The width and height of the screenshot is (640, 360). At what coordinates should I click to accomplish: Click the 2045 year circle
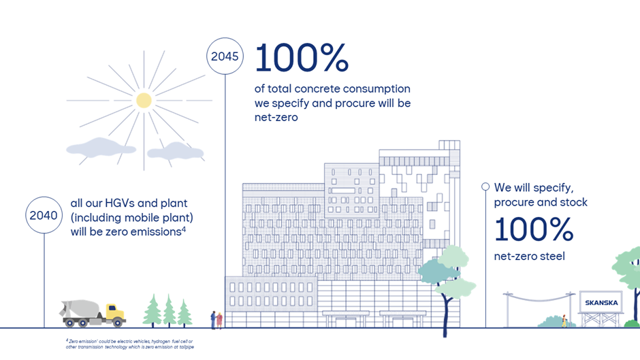(x=225, y=56)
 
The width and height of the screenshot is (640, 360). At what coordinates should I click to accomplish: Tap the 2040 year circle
(x=44, y=215)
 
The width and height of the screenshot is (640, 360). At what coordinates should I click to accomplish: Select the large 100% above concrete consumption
(x=302, y=59)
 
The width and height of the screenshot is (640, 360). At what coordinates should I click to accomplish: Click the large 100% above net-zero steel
(x=534, y=230)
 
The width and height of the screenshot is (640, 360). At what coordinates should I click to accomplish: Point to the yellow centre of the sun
(x=144, y=101)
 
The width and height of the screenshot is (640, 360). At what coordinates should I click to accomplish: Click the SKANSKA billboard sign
(x=600, y=302)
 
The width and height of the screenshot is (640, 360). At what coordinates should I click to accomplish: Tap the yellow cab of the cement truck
(x=115, y=314)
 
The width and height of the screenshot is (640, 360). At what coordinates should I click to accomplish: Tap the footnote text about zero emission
(x=129, y=342)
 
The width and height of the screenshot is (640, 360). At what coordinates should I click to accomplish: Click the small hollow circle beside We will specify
(x=485, y=186)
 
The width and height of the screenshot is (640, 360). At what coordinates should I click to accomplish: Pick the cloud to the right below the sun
(x=175, y=150)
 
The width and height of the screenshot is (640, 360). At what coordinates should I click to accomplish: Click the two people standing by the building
(x=216, y=319)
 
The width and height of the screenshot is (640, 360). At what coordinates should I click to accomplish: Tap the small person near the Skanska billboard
(x=564, y=319)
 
